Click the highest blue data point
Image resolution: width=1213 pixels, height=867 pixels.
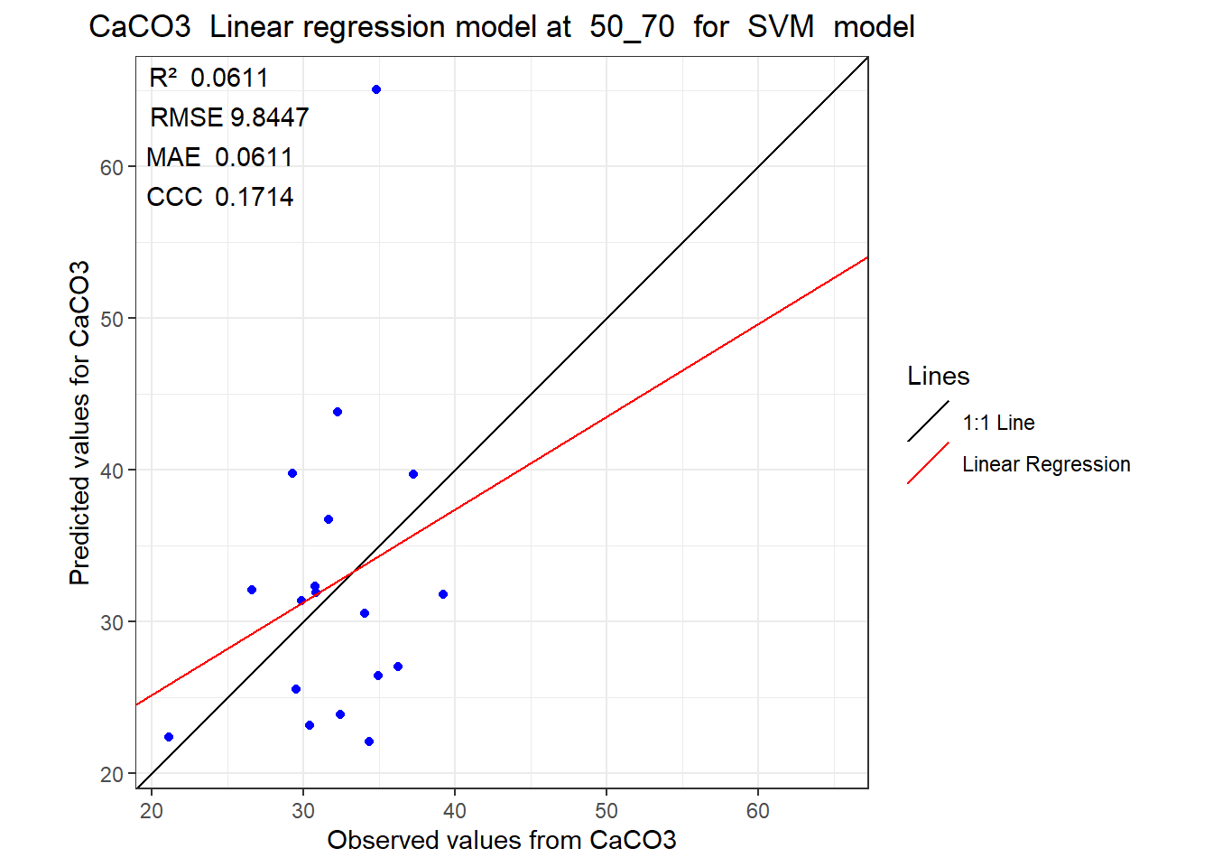(376, 89)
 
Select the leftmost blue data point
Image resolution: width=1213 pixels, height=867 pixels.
(169, 737)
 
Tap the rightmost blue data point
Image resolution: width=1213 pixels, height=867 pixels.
(443, 594)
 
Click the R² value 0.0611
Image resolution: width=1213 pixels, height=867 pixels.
(229, 78)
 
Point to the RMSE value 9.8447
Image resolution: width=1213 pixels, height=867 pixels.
(269, 117)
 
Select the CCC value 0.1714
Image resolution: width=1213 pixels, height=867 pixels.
(254, 197)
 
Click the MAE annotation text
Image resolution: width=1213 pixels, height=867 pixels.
(219, 157)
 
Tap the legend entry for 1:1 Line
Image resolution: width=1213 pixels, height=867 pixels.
(998, 423)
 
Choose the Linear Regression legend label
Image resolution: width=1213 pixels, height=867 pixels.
(1046, 464)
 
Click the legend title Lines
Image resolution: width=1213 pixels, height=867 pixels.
(939, 376)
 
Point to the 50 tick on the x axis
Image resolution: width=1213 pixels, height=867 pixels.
(606, 811)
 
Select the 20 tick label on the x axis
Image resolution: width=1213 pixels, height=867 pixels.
(152, 811)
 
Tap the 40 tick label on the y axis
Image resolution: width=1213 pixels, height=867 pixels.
(112, 471)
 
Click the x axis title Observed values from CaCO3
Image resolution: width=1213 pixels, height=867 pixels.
(502, 841)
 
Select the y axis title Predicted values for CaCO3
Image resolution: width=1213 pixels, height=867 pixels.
(79, 424)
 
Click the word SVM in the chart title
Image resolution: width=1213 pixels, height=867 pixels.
(781, 26)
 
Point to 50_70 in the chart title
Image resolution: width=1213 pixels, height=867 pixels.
(632, 27)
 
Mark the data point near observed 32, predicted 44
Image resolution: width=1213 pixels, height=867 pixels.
(338, 412)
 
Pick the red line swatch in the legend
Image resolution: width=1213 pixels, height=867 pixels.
(928, 462)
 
